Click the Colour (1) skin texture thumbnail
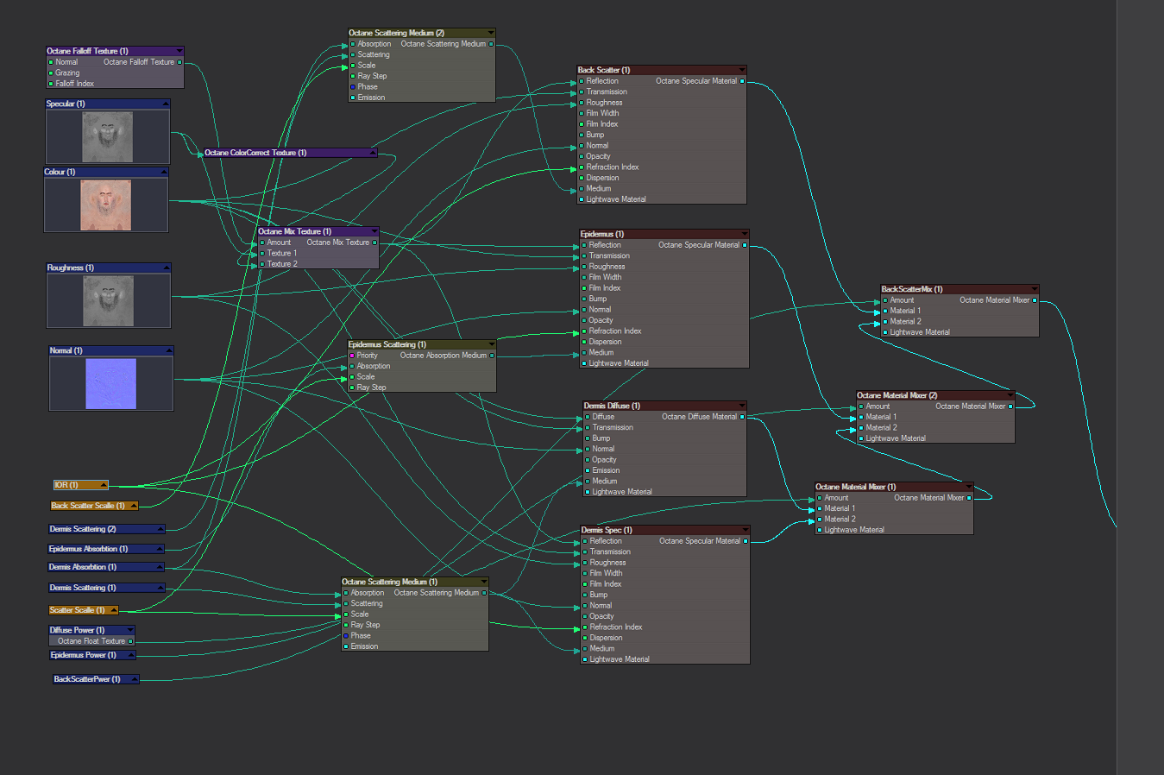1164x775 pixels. [x=105, y=205]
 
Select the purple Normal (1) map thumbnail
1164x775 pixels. [x=110, y=383]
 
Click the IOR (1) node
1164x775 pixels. [x=80, y=485]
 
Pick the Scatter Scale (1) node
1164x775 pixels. [x=83, y=609]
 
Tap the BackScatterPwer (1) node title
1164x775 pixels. [x=87, y=679]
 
